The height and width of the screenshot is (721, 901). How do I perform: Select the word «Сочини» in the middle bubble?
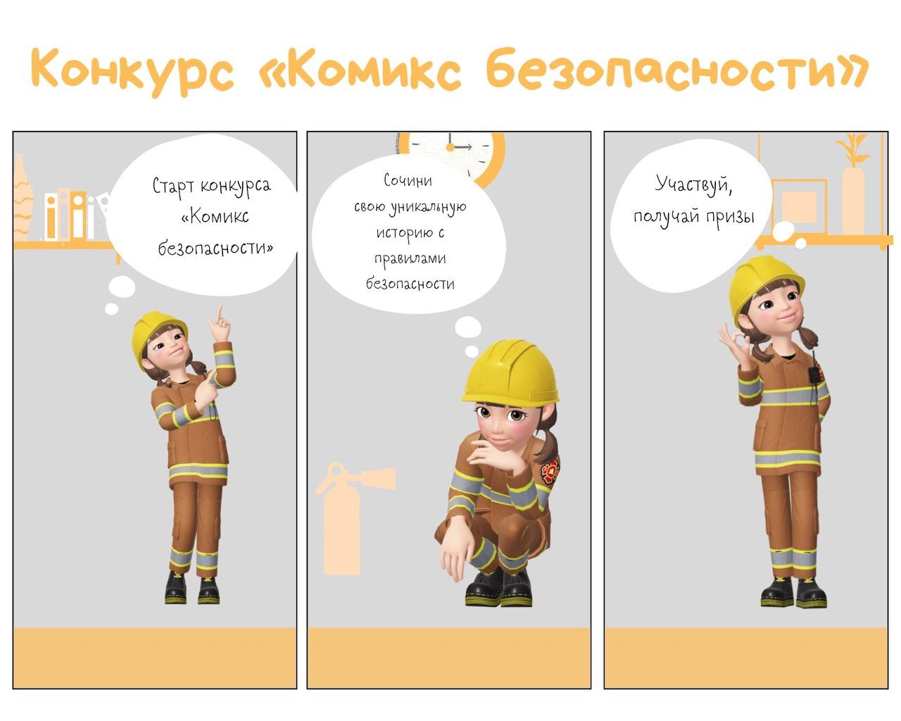pyautogui.click(x=408, y=180)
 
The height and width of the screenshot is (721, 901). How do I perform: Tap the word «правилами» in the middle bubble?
pyautogui.click(x=410, y=259)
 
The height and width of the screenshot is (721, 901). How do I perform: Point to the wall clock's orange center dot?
pyautogui.click(x=450, y=147)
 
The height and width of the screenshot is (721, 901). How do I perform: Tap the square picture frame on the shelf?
pyautogui.click(x=799, y=206)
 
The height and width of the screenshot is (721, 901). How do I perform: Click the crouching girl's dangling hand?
pyautogui.click(x=455, y=557)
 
